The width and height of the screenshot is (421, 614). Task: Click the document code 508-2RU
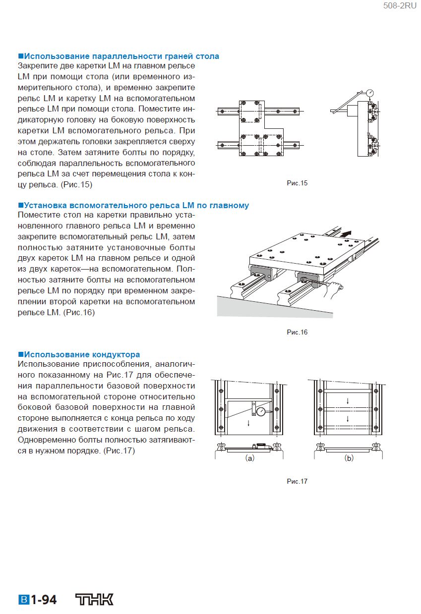coord(400,6)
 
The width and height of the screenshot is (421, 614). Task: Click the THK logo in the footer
coord(94,600)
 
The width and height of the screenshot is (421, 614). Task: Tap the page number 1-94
coord(44,600)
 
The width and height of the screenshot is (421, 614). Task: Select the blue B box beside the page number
coord(24,600)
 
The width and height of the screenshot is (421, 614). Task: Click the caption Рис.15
coord(297,183)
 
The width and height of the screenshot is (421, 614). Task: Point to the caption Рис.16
coord(297,332)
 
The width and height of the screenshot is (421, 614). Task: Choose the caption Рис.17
coord(297,481)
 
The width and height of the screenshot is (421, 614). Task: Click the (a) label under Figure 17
coord(250,458)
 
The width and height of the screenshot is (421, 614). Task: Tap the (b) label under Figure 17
coord(349,458)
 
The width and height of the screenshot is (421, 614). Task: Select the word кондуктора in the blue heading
coord(116,354)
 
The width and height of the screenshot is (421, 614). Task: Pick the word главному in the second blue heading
coord(227,205)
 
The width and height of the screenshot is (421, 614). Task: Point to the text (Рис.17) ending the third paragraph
coord(119,451)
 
